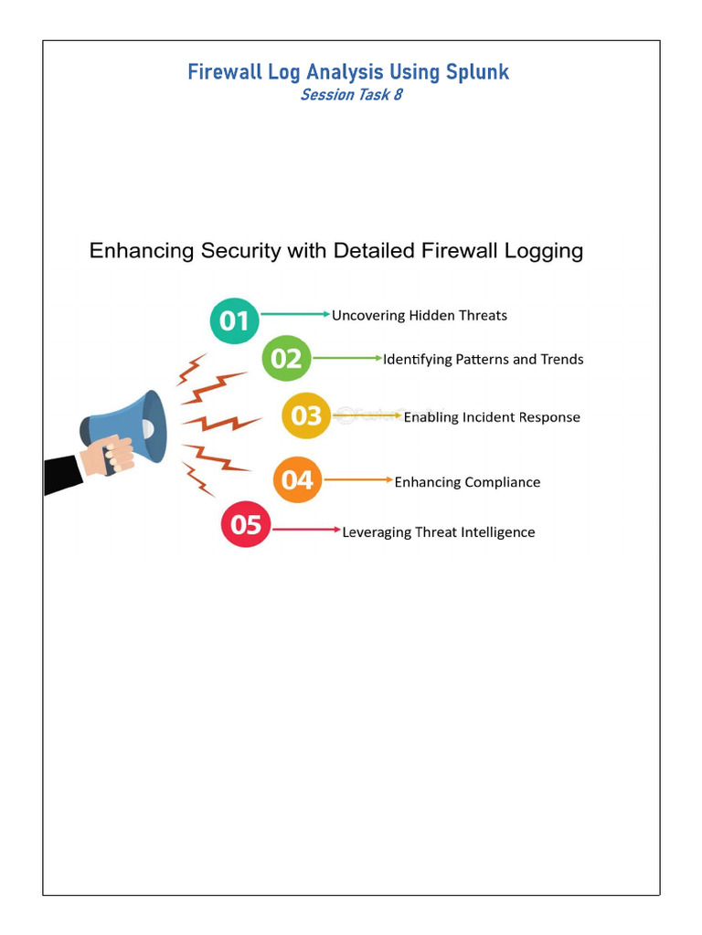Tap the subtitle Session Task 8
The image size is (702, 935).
click(351, 95)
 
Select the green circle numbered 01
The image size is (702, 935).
click(235, 320)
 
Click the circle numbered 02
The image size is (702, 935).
click(286, 358)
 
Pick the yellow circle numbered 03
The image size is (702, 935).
click(306, 416)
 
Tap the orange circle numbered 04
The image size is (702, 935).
click(297, 480)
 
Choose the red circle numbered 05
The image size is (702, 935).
click(246, 525)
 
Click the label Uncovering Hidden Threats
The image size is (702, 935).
click(419, 316)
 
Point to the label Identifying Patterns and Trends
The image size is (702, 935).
click(483, 360)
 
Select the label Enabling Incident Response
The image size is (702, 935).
click(492, 417)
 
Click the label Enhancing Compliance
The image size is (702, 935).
click(467, 482)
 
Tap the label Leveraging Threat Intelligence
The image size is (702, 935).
click(439, 532)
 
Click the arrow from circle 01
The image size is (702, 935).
click(295, 314)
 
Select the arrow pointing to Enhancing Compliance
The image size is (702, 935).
click(358, 479)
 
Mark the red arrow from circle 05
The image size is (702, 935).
click(306, 530)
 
